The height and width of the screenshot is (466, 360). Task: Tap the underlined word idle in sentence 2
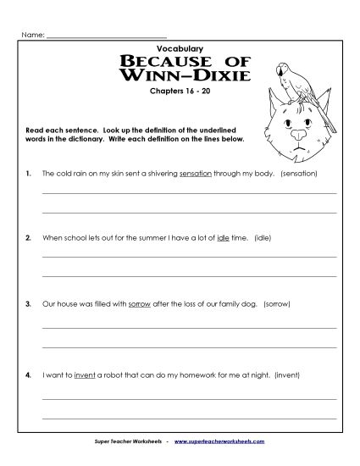[224, 238]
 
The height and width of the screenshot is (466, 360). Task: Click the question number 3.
[29, 303]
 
